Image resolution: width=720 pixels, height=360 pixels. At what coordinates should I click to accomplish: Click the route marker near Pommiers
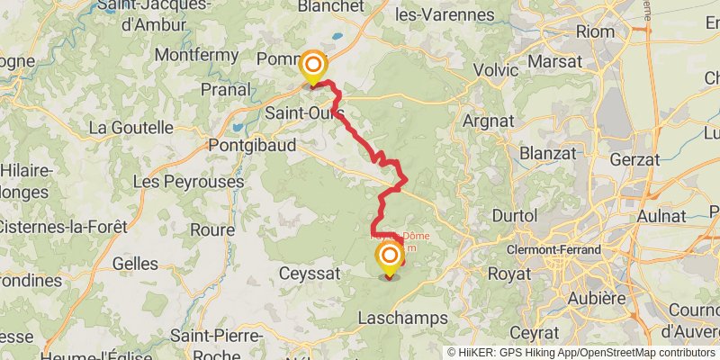coord(312,65)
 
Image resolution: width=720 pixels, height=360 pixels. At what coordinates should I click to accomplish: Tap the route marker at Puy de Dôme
coord(390,258)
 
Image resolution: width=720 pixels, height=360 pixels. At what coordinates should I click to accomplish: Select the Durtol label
coord(515,216)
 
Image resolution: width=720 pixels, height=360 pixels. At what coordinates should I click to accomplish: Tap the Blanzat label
coord(546,153)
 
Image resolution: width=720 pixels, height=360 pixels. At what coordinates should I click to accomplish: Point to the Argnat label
coord(486,120)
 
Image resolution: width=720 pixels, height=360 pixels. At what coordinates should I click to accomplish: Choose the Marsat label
coord(557,62)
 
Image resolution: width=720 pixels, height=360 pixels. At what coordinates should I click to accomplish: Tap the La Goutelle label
coord(130,128)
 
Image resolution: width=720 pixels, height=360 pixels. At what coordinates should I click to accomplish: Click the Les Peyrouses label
coord(188,182)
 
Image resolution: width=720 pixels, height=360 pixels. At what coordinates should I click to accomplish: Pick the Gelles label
coord(135,264)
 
